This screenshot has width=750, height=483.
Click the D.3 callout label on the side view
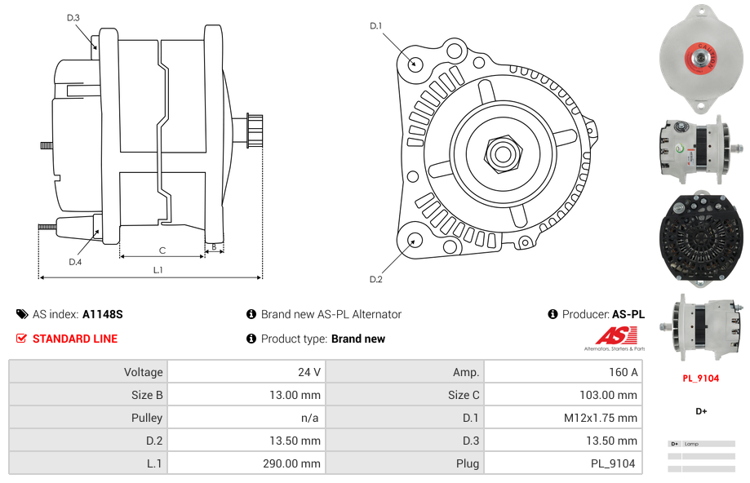click(73, 17)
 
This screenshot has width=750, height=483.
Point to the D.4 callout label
click(75, 262)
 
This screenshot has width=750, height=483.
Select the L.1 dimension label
click(158, 270)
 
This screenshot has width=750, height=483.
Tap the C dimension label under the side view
click(162, 250)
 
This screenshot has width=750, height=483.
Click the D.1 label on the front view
click(376, 26)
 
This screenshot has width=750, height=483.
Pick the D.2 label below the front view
click(376, 280)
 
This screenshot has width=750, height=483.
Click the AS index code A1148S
click(103, 314)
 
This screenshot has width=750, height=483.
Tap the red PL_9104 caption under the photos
click(700, 379)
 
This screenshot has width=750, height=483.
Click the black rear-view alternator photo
click(700, 238)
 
